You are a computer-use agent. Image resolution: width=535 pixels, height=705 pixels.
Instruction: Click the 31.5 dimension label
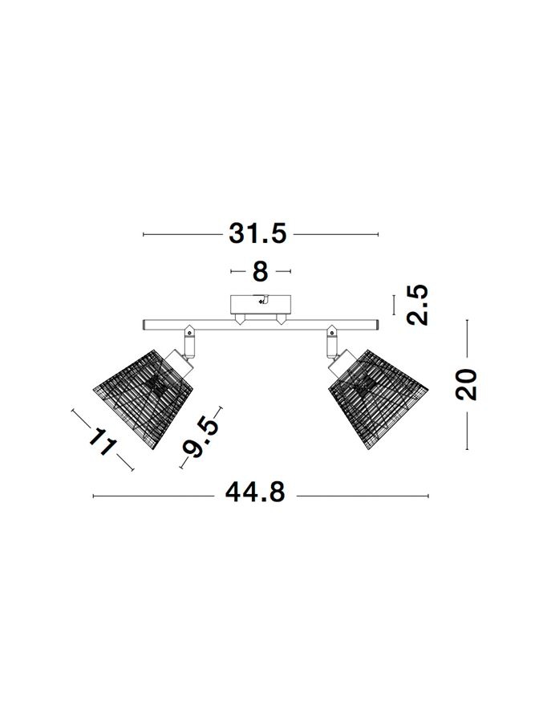coord(257,234)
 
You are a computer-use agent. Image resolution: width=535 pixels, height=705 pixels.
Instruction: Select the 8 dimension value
coord(261,272)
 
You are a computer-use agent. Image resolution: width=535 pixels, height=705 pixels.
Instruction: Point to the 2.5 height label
coord(417,305)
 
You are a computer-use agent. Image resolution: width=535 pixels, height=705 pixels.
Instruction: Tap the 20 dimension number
coord(466,384)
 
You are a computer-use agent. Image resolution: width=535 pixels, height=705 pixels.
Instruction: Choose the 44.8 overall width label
coord(255,492)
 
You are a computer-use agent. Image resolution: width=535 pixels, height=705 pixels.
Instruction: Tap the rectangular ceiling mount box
coord(261,305)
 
